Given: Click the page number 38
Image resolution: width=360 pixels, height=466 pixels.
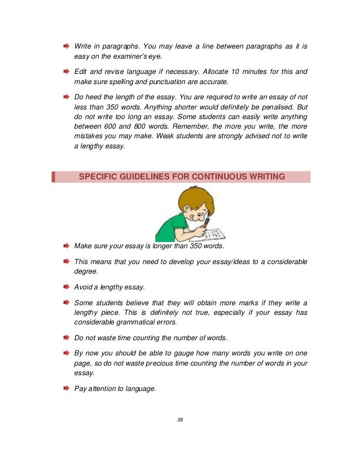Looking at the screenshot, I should coord(179,419).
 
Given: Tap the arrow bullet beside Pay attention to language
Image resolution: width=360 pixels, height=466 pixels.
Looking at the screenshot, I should coord(65,388).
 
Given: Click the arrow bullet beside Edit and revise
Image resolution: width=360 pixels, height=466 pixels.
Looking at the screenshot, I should coord(65,72).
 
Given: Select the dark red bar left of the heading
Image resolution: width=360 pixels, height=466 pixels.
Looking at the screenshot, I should coord(54,177).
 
